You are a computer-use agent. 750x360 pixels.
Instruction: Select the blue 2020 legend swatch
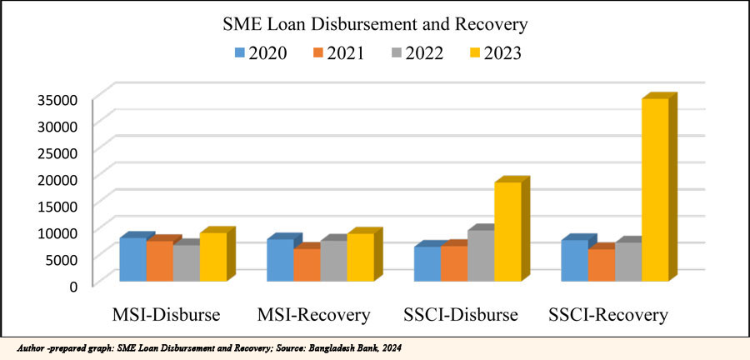point(240,53)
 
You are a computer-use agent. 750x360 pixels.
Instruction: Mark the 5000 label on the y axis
point(62,258)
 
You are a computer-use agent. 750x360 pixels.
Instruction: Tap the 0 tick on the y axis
point(73,285)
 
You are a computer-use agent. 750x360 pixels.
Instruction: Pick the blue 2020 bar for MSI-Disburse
point(132,259)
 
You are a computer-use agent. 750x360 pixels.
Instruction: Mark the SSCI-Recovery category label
point(608,315)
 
